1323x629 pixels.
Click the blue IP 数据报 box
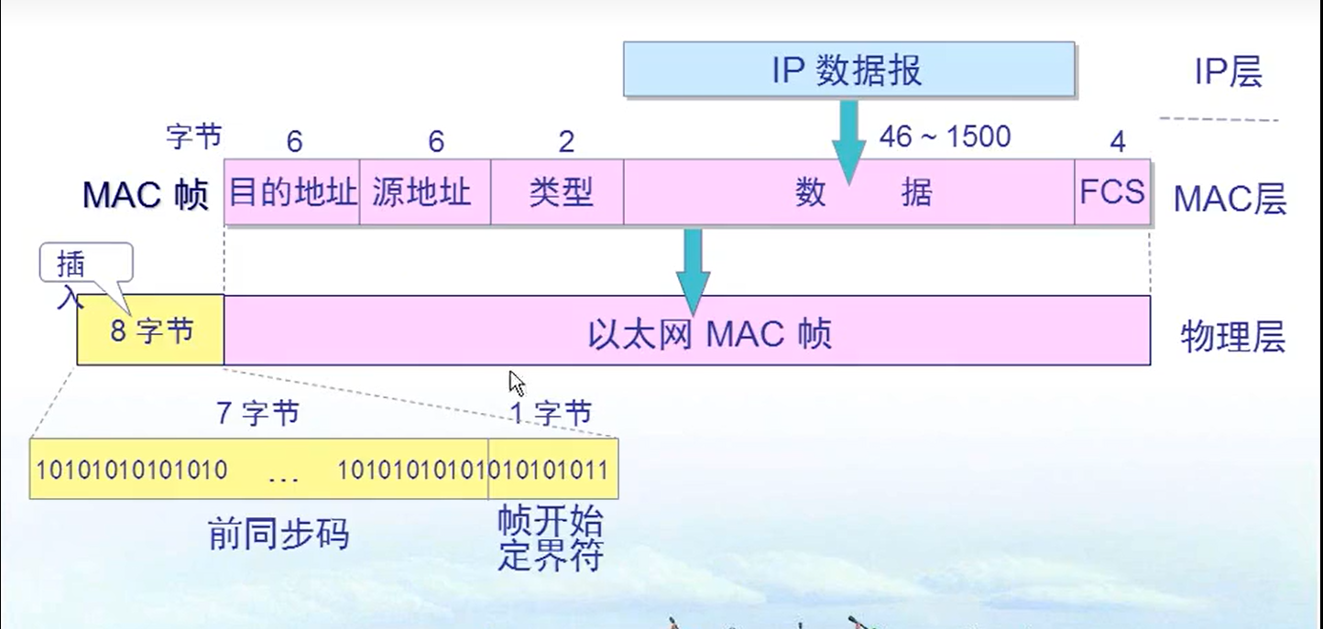click(848, 70)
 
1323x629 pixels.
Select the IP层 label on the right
click(1228, 71)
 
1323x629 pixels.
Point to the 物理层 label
click(1232, 337)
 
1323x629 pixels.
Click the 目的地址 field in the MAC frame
click(292, 192)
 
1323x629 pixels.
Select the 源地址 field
click(424, 192)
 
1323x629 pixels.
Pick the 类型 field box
click(557, 192)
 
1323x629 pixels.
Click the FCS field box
click(1111, 192)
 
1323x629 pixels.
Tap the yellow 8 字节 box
click(151, 331)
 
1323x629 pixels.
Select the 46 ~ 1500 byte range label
click(945, 137)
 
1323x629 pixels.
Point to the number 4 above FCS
click(1117, 141)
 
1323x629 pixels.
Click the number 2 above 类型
click(566, 141)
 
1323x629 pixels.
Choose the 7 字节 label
click(257, 413)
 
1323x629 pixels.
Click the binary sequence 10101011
click(553, 470)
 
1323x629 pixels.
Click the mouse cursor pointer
click(518, 383)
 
